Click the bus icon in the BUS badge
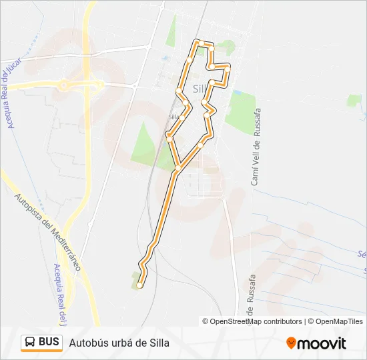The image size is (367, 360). point(31,343)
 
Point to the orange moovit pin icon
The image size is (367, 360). point(291,343)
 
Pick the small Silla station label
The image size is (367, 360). point(173,117)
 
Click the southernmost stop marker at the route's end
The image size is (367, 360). point(139,285)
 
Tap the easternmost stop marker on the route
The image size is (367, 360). point(228,69)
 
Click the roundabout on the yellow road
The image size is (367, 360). point(64,85)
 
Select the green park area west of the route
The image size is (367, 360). point(145,143)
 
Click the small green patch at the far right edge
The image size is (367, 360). point(354,101)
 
